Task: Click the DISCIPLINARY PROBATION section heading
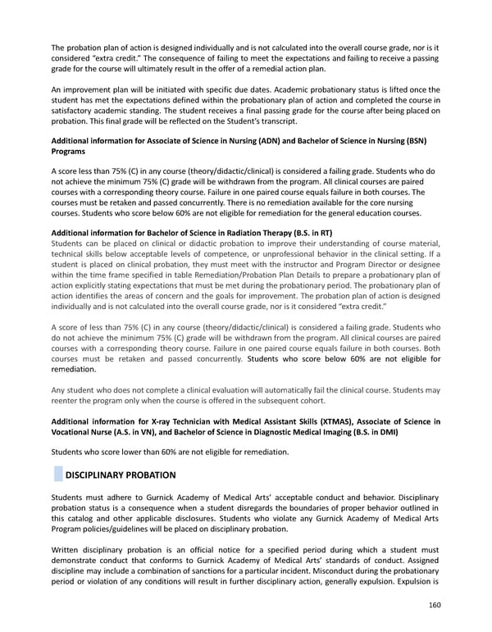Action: click(x=120, y=475)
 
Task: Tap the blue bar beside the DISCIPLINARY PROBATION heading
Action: click(x=57, y=475)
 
